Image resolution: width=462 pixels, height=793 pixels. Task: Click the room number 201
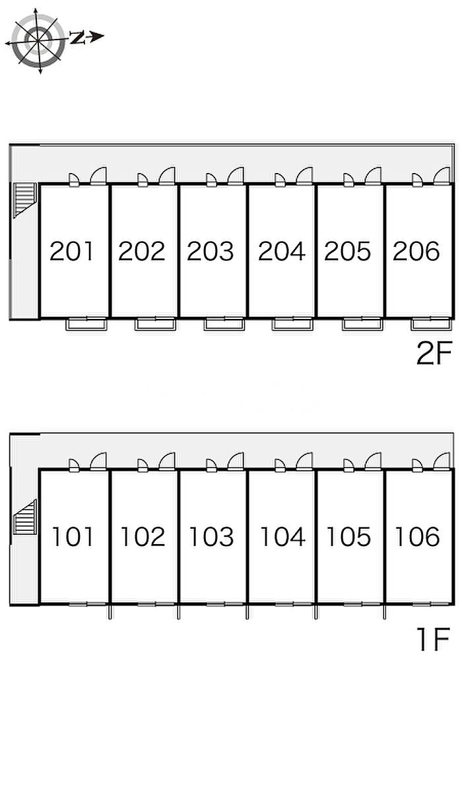click(x=72, y=251)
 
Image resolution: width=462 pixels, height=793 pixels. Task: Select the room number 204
click(x=282, y=251)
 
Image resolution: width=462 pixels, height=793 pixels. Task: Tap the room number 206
click(x=416, y=251)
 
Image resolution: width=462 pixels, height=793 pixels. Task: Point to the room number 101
click(x=73, y=536)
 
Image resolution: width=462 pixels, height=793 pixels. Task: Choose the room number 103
click(x=212, y=536)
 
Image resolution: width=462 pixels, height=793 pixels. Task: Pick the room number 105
click(x=348, y=536)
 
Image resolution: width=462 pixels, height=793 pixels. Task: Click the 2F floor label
click(x=434, y=354)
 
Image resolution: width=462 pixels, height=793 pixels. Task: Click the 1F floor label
click(x=434, y=639)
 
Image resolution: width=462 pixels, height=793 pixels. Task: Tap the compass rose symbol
click(x=38, y=42)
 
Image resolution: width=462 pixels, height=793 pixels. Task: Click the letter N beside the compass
click(x=77, y=37)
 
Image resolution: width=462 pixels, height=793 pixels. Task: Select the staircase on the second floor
click(x=24, y=200)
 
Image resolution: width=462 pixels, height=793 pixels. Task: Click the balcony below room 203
click(x=224, y=324)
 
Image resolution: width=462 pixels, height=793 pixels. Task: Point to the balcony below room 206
click(x=431, y=324)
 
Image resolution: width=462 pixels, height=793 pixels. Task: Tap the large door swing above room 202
click(x=167, y=176)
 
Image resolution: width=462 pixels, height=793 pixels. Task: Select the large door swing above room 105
click(x=373, y=462)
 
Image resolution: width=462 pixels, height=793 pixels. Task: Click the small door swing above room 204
click(x=280, y=180)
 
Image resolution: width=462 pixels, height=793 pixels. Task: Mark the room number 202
click(x=141, y=251)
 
